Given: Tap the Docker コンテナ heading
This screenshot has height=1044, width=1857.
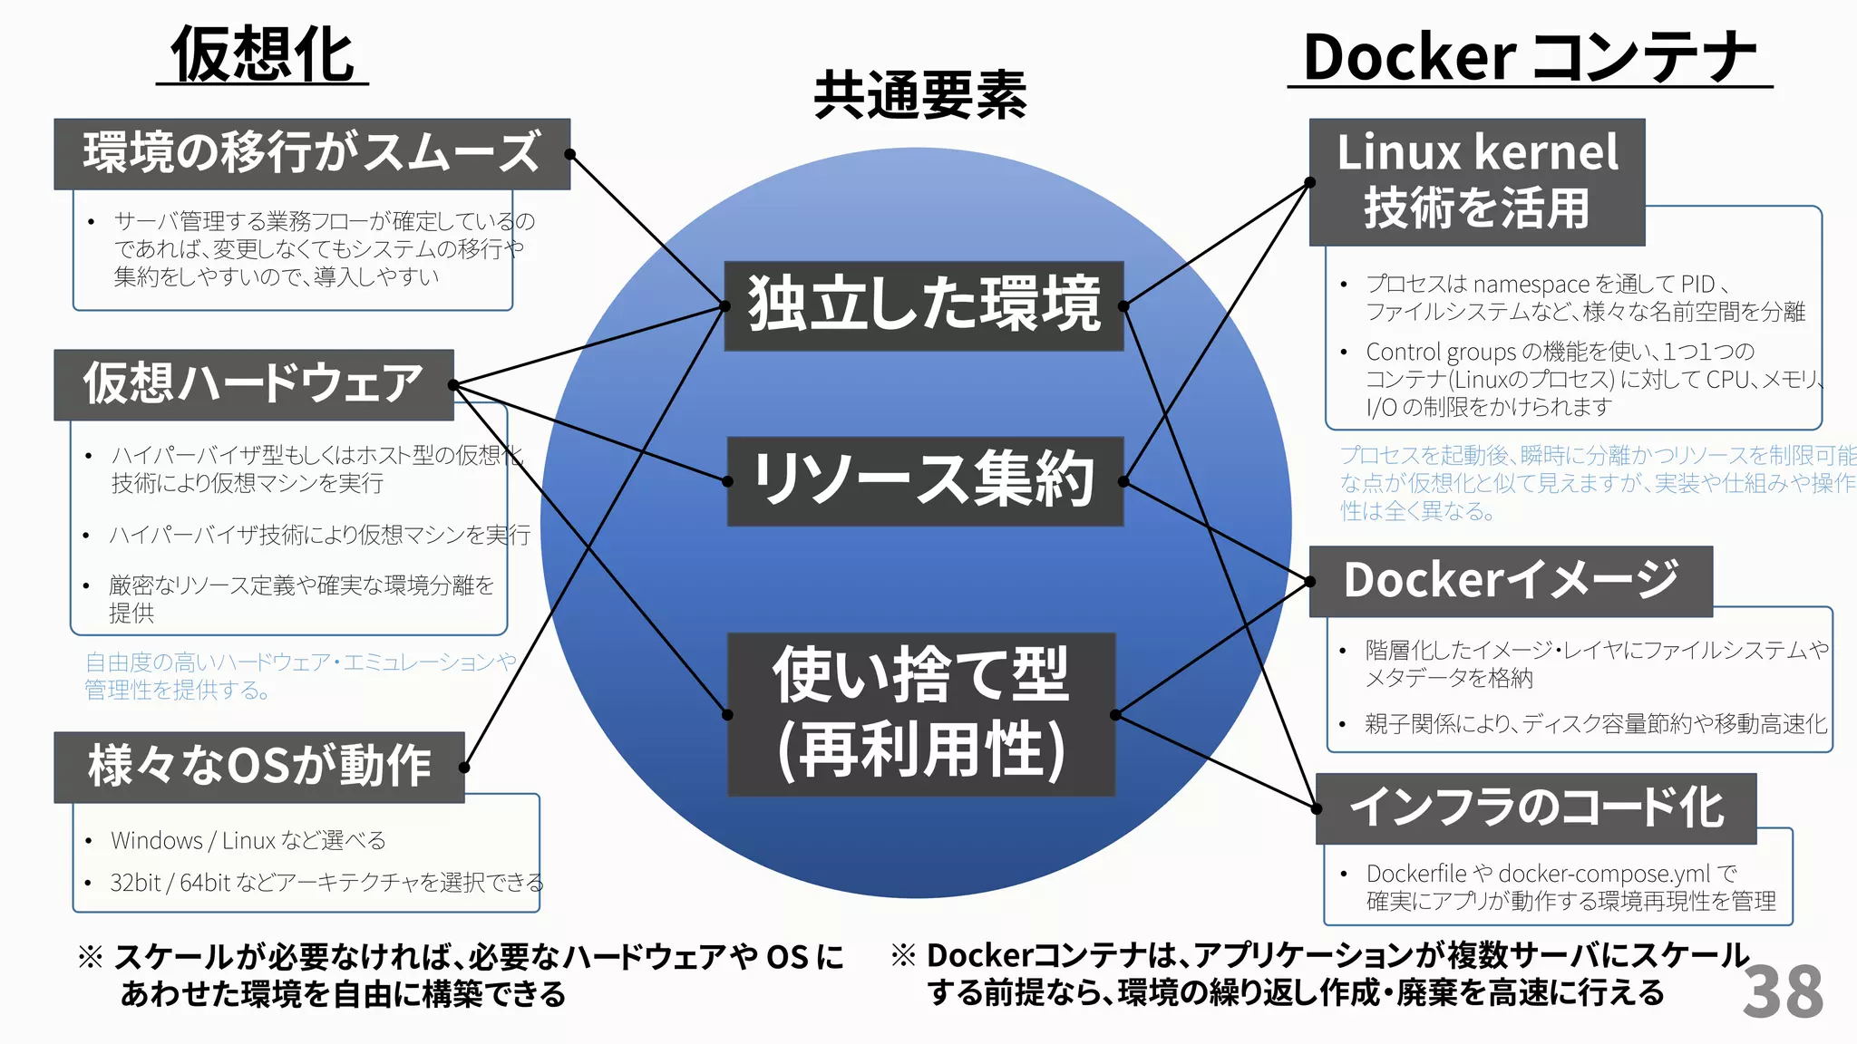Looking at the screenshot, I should tap(1529, 57).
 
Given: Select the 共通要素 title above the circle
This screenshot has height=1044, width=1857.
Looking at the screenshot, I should tap(919, 95).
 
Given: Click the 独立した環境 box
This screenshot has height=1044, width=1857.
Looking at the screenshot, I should tap(923, 305).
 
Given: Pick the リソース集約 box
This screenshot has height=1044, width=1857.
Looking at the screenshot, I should tap(924, 481).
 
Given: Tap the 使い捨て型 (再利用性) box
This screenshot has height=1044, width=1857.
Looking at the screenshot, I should tap(921, 714).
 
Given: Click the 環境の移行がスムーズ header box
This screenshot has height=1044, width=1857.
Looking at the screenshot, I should tap(312, 153).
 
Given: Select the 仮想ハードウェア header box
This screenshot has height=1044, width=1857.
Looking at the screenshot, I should tap(253, 384).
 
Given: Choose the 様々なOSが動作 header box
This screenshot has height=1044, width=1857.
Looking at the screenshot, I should tap(258, 767).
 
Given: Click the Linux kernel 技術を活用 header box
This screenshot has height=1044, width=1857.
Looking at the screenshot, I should tap(1476, 181).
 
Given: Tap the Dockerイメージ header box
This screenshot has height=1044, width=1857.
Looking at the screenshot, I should tap(1511, 581).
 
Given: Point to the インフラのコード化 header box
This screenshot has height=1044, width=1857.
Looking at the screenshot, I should tap(1535, 807).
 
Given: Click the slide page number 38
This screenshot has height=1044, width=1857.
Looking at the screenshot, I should tap(1782, 991).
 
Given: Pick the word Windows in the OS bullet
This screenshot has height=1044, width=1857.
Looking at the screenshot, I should tap(157, 841).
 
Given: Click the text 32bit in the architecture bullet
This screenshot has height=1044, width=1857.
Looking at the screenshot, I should tap(134, 883).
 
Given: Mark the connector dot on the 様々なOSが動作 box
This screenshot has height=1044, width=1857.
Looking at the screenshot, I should tap(464, 768).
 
